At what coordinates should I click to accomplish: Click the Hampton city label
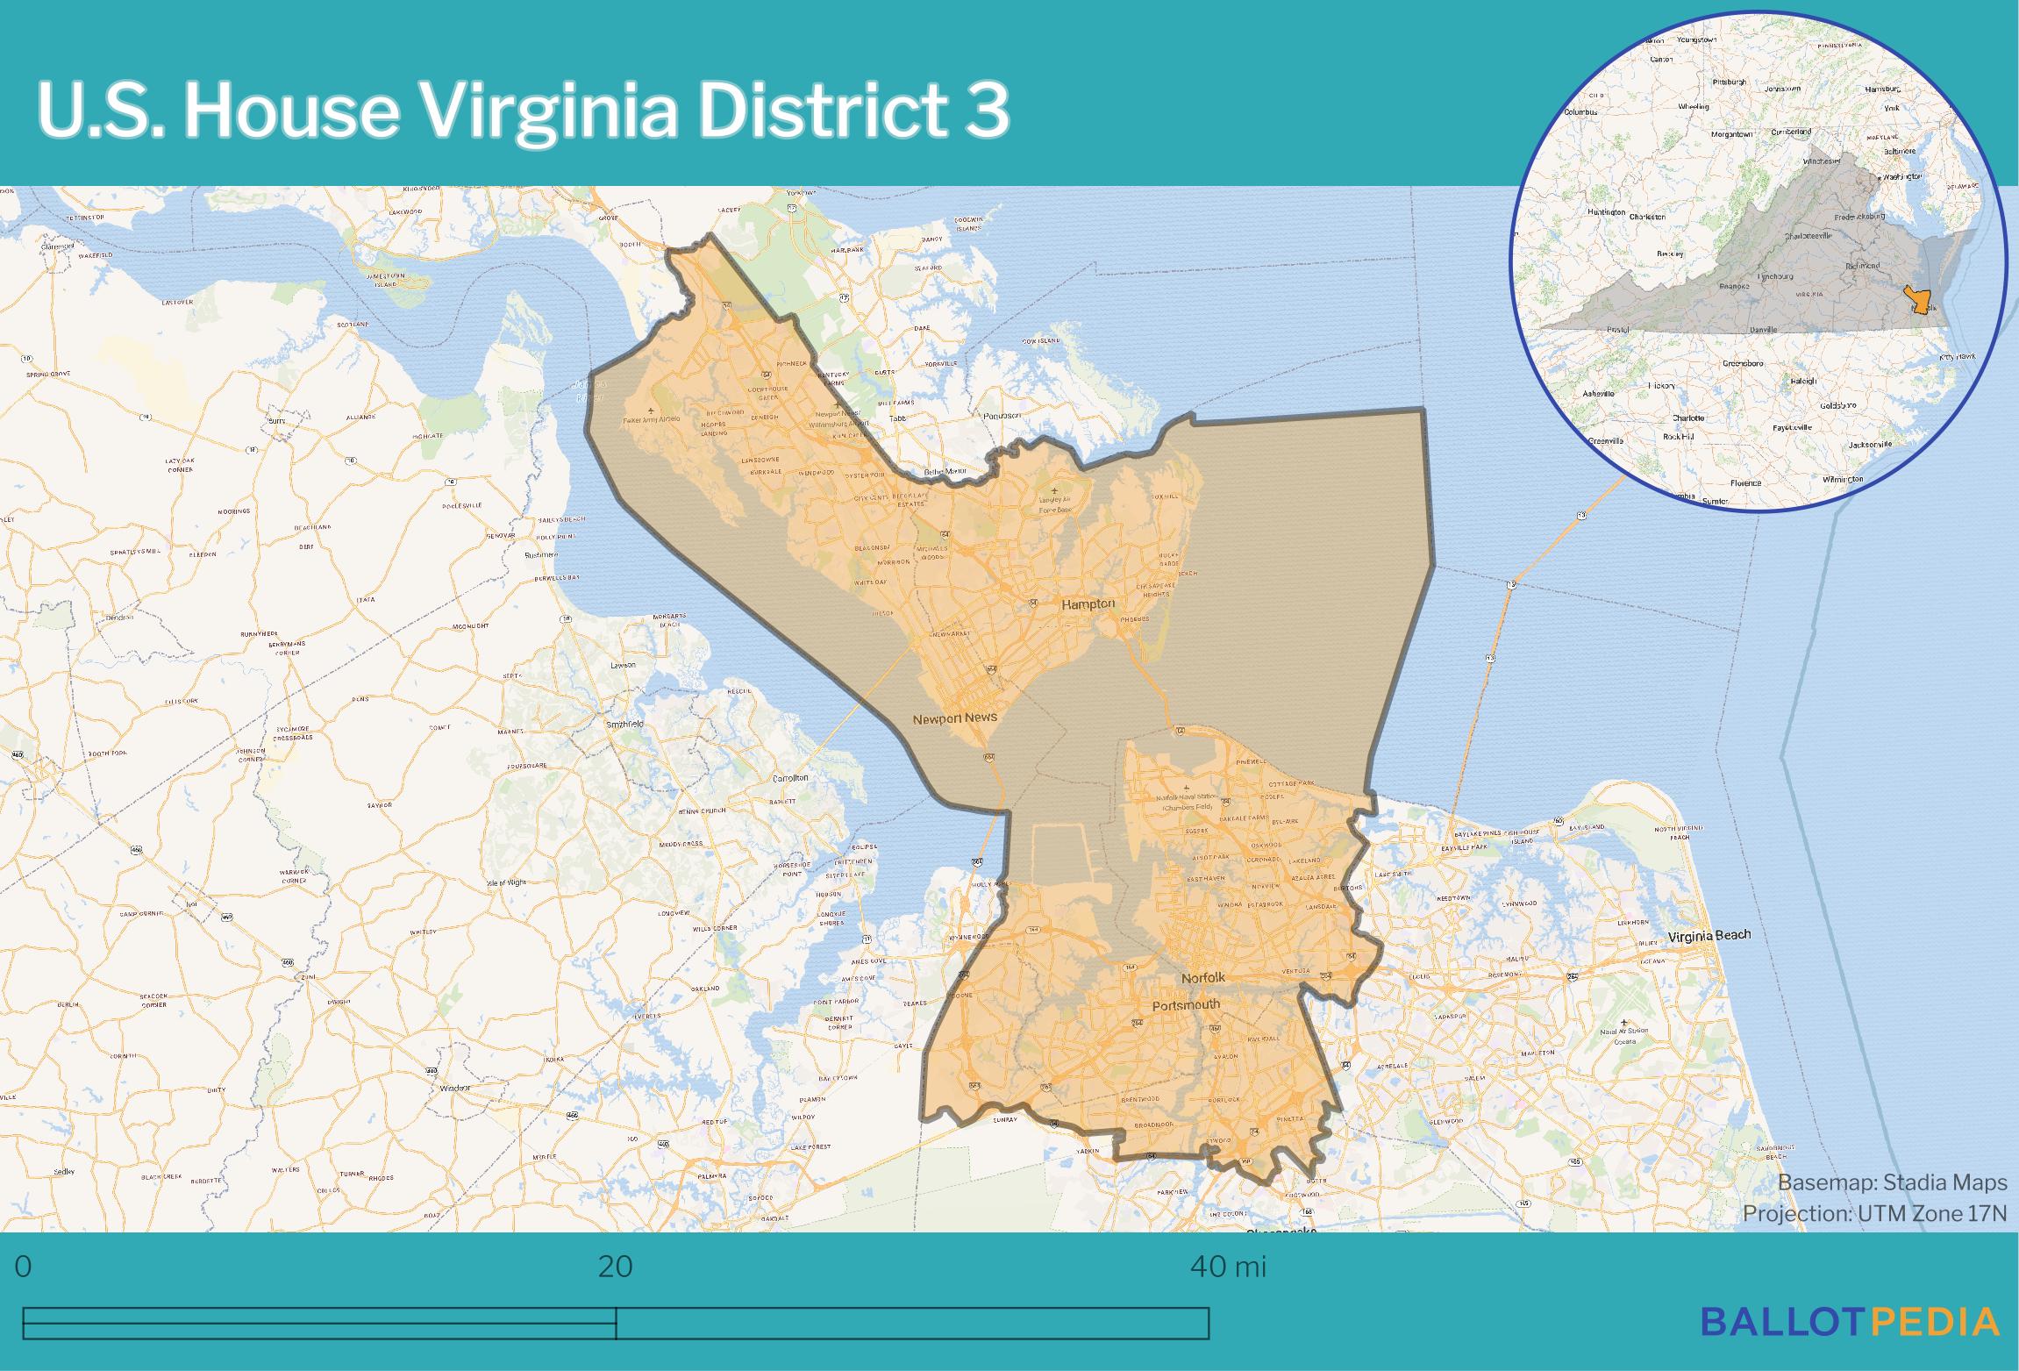[x=1088, y=604]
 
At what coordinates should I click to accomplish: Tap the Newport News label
[x=954, y=718]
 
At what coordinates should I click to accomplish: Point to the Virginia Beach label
[x=1709, y=934]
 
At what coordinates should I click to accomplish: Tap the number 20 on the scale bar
[x=615, y=1267]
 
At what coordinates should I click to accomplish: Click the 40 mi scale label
[x=1227, y=1267]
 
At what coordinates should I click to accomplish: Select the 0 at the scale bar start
[x=23, y=1267]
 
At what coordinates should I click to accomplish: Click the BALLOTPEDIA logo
[x=1850, y=1320]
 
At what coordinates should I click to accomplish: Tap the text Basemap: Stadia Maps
[x=1892, y=1182]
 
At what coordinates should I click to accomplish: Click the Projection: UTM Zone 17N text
[x=1874, y=1213]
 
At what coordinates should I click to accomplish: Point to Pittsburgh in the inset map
[x=1729, y=82]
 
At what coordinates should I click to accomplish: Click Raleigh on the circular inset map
[x=1804, y=381]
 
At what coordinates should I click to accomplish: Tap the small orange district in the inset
[x=1920, y=302]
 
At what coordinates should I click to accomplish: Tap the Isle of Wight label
[x=506, y=882]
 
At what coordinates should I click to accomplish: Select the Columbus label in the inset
[x=1580, y=112]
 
